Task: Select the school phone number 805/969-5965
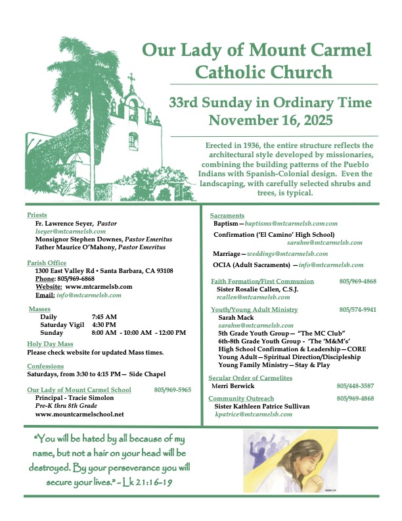[x=173, y=389]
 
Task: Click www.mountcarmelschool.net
[x=79, y=414]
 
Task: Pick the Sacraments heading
[x=227, y=216]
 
